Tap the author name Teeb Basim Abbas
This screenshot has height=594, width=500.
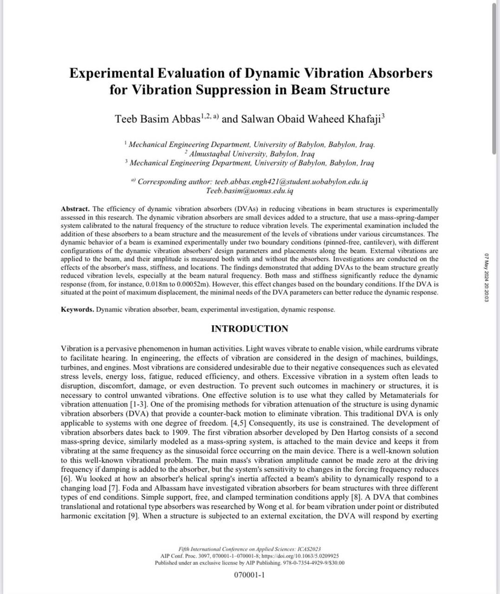(x=157, y=119)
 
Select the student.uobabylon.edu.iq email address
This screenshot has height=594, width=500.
(x=292, y=181)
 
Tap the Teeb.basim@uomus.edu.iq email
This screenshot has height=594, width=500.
(x=249, y=191)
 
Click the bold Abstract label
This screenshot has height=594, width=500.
(x=75, y=209)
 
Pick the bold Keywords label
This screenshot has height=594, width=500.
(x=77, y=310)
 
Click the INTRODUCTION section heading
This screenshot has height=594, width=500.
(x=249, y=329)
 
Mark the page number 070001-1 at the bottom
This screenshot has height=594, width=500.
(x=249, y=575)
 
